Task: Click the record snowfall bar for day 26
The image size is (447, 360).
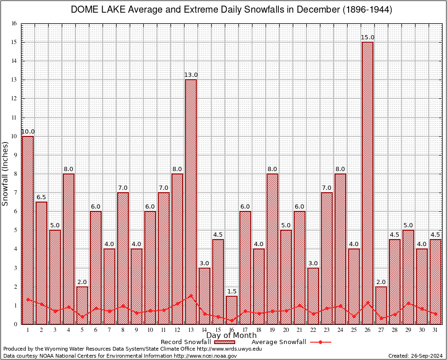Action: [x=367, y=183]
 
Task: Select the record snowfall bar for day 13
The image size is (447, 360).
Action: [x=191, y=202]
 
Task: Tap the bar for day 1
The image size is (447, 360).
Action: [x=28, y=230]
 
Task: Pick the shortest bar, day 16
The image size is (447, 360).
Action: [x=231, y=310]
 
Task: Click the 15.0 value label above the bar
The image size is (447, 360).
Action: [x=367, y=37]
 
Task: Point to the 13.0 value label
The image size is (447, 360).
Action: [x=191, y=75]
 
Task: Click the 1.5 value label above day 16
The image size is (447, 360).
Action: [x=231, y=292]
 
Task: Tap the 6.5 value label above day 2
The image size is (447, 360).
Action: [x=42, y=197]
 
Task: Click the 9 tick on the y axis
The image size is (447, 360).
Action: [x=15, y=155]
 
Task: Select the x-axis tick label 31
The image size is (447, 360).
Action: [x=435, y=330]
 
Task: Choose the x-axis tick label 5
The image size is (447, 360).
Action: [x=82, y=330]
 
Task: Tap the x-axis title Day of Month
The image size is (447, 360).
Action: [x=231, y=336]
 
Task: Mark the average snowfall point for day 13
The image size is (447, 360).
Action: [x=191, y=296]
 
